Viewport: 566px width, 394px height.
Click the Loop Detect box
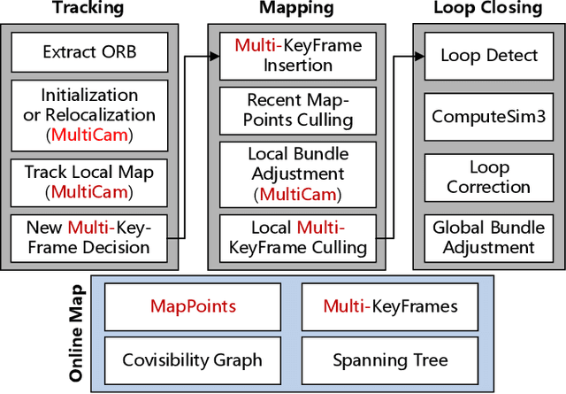pyautogui.click(x=489, y=55)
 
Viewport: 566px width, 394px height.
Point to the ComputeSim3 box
pyautogui.click(x=489, y=116)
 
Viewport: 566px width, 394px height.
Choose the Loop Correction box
pyautogui.click(x=489, y=177)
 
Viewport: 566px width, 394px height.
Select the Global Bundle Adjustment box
pyautogui.click(x=489, y=237)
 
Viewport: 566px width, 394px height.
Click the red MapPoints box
pyautogui.click(x=194, y=306)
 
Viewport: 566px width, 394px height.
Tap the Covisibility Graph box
pyautogui.click(x=194, y=359)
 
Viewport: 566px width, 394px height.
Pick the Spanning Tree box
pyautogui.click(x=390, y=359)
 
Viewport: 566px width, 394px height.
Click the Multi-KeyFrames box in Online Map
pyautogui.click(x=390, y=306)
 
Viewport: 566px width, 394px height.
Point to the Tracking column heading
pyautogui.click(x=88, y=9)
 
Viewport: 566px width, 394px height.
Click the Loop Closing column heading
pyautogui.click(x=487, y=9)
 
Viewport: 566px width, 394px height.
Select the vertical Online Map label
pyautogui.click(x=77, y=332)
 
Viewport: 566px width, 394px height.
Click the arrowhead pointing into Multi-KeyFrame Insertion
pyautogui.click(x=215, y=56)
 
